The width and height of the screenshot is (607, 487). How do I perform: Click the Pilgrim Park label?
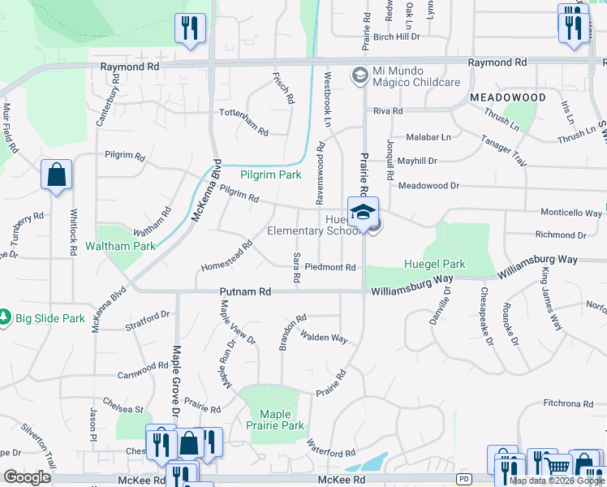[x=271, y=175]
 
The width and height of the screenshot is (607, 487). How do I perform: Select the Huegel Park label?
[x=435, y=264]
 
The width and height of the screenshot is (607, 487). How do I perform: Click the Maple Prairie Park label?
[x=275, y=420]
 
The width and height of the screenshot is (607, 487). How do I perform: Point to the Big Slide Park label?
[x=49, y=318]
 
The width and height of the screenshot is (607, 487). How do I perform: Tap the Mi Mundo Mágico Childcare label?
[x=416, y=82]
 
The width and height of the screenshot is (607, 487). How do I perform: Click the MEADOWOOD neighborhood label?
[x=508, y=97]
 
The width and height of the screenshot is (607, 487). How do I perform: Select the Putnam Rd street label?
[x=243, y=291]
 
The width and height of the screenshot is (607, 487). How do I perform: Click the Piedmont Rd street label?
[x=330, y=267]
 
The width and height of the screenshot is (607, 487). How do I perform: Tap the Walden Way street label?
[x=323, y=336]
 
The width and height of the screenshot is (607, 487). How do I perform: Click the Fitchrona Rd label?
[x=568, y=403]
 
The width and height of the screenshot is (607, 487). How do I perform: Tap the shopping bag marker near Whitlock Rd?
[x=56, y=175]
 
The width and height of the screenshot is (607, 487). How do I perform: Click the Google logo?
[x=28, y=477]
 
